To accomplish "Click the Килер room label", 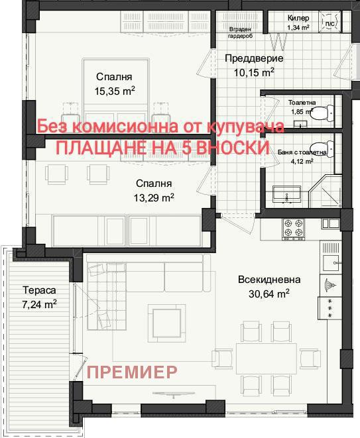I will coord(298,18).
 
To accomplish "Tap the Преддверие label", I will coord(253,58).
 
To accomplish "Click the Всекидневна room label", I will coord(270,280).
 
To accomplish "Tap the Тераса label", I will coord(38,290).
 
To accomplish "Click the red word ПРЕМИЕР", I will coord(133,372).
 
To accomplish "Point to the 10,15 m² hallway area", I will coord(253,72).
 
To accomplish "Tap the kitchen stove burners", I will coord(290,229).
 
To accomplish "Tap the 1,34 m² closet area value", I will coord(298,28).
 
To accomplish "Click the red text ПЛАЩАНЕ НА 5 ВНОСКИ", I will coord(162,148).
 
